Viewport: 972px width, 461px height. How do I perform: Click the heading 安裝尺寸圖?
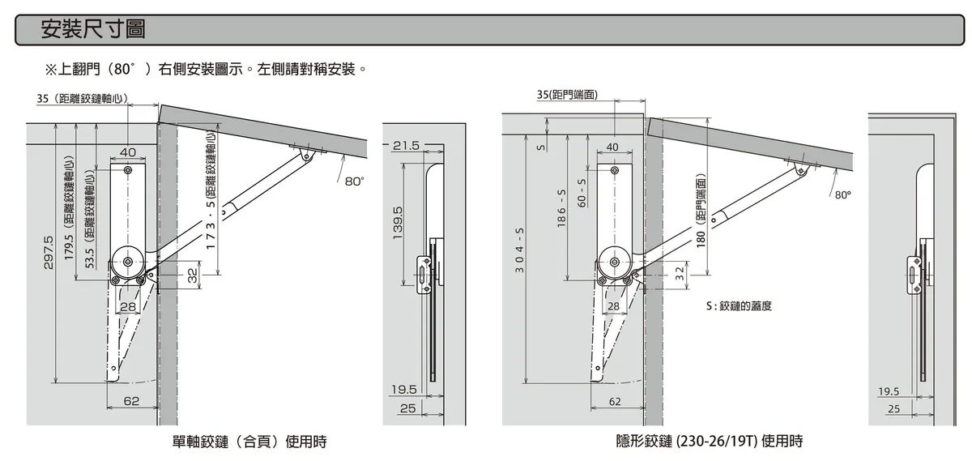(x=92, y=30)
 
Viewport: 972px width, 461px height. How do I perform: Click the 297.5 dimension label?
(x=48, y=252)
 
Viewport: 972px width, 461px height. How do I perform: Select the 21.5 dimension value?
(x=406, y=146)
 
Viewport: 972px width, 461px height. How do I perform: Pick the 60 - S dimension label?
(x=582, y=193)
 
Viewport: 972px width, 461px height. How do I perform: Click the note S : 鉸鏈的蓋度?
(x=738, y=306)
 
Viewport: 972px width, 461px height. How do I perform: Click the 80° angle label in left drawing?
(x=353, y=181)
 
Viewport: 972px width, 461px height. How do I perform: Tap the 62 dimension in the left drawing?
(x=131, y=400)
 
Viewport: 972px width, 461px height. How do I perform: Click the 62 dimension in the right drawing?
(x=615, y=401)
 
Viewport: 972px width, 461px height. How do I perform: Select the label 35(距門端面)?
(x=567, y=95)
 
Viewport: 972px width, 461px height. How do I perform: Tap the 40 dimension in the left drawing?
(x=128, y=152)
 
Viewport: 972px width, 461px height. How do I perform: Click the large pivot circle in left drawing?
(x=128, y=262)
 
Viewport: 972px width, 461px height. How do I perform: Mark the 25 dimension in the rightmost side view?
(x=893, y=409)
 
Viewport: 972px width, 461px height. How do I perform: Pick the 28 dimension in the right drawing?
(x=613, y=306)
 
